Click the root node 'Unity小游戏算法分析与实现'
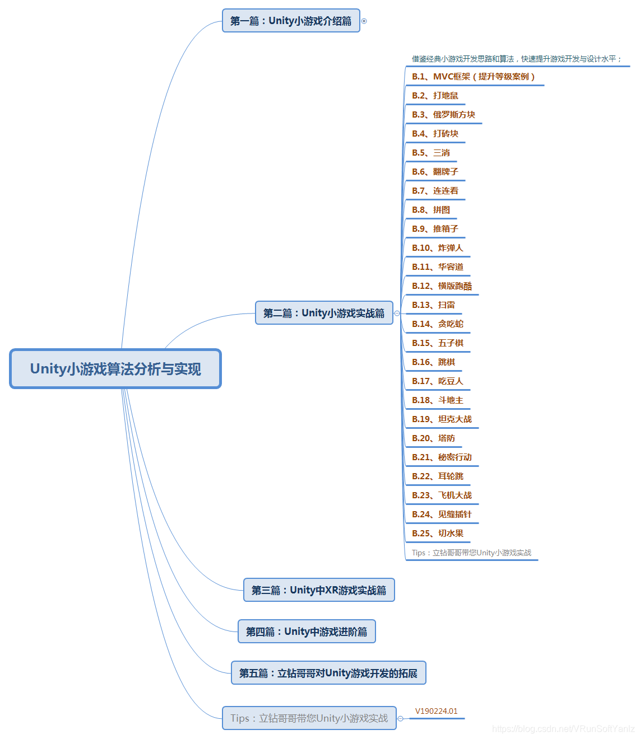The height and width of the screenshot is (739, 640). coord(115,369)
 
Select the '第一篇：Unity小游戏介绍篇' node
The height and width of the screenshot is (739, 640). coord(291,21)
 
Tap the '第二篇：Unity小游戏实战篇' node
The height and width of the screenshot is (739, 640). coord(324,313)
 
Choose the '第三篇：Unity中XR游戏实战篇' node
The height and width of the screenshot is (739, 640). coord(319,590)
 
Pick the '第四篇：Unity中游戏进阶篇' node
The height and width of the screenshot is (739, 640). coord(307,632)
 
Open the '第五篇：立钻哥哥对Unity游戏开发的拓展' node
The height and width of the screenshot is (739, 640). coord(328,673)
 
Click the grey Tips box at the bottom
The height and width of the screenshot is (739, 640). coord(309,718)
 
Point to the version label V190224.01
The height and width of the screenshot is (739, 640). coord(436,711)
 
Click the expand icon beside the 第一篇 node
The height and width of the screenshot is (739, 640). coord(364,21)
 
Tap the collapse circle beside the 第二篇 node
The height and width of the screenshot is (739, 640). coord(397,314)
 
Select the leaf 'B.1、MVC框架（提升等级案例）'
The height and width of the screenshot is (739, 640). coord(474,77)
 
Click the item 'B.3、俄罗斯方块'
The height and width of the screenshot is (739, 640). coord(443,115)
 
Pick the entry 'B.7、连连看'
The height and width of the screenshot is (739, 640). coord(435,191)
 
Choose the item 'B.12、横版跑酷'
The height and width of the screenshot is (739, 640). coord(442,286)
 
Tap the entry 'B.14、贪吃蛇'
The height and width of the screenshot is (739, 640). coord(438,324)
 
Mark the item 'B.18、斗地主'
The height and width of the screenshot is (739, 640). coord(438,400)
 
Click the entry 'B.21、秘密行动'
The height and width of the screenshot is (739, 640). coord(442,457)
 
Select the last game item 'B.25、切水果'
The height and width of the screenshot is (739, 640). coord(438,534)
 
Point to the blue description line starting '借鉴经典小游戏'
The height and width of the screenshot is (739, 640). coord(516,59)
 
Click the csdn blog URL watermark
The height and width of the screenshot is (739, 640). coord(563,728)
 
